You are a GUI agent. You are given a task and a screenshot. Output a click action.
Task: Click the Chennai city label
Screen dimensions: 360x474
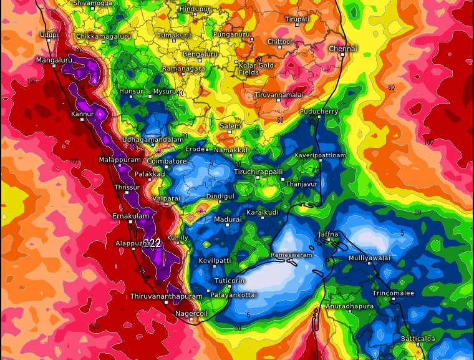[342, 49]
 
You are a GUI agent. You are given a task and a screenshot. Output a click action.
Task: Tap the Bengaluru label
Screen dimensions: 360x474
[200, 54]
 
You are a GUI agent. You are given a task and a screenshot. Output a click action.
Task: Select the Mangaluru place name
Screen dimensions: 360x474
[55, 60]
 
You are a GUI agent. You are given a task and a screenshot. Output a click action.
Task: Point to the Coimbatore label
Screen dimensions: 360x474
[167, 161]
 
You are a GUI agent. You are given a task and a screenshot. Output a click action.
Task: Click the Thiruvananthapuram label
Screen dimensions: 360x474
[167, 296]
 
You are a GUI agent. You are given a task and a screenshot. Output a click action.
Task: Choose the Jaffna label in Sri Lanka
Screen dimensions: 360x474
[328, 235]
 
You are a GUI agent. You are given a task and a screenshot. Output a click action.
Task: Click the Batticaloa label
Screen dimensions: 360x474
[418, 339]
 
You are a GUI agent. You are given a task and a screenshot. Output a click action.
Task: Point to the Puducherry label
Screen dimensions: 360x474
[319, 112]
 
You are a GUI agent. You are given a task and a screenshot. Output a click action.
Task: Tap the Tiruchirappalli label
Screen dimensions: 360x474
[258, 171]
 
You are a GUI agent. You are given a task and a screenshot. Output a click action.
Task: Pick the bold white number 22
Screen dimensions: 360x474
[155, 243]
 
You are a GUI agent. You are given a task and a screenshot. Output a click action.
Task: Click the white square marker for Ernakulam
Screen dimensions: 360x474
[131, 222]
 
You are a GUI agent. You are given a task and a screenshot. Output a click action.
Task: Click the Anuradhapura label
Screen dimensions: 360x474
[349, 306]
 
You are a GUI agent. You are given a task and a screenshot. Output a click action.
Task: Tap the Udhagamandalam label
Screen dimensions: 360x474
[153, 140]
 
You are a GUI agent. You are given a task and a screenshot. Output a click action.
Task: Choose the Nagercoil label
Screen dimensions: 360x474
[190, 313]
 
